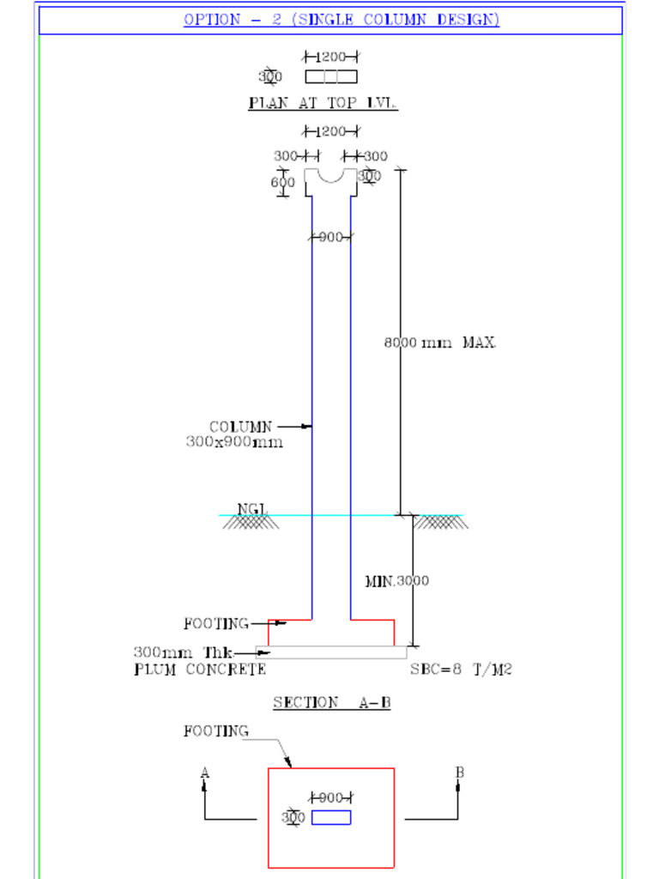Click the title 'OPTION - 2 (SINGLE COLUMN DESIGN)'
(x=341, y=20)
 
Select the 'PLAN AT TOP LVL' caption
(x=323, y=103)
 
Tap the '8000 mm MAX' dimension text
(x=438, y=343)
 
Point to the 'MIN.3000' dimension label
(x=396, y=581)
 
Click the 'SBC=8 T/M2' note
(x=460, y=670)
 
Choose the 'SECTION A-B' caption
(x=332, y=702)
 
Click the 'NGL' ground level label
(x=252, y=509)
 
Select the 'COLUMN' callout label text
(x=240, y=427)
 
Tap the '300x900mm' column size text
(x=234, y=442)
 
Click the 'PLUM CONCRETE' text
(x=200, y=670)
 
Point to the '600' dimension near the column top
(x=283, y=183)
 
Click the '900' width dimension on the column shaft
(x=331, y=238)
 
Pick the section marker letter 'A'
(x=204, y=773)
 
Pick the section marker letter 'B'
(x=459, y=773)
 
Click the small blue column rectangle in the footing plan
(x=331, y=817)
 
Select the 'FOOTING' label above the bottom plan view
(x=216, y=731)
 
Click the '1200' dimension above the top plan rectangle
(x=331, y=58)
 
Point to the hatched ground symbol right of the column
(x=441, y=522)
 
